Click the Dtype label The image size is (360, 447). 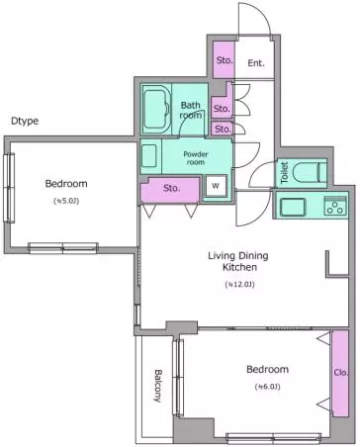pyautogui.click(x=25, y=121)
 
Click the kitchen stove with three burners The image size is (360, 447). pyautogui.click(x=335, y=207)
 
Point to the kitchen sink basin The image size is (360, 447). pyautogui.click(x=293, y=207)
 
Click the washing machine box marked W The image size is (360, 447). pyautogui.click(x=216, y=186)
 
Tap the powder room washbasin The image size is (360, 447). pyautogui.click(x=149, y=155)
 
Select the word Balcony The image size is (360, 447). pyautogui.click(x=158, y=386)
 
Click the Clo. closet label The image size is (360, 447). pyautogui.click(x=341, y=373)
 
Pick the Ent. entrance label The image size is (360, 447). pyautogui.click(x=256, y=63)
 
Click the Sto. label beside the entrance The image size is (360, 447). pyautogui.click(x=225, y=60)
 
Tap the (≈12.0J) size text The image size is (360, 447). pyautogui.click(x=239, y=284)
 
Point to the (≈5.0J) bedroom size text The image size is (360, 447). pyautogui.click(x=66, y=201)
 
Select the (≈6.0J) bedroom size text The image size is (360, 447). pyautogui.click(x=267, y=387)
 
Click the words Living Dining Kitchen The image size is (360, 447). pyautogui.click(x=238, y=261)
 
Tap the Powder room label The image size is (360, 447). pyautogui.click(x=196, y=158)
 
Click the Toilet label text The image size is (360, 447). pyautogui.click(x=284, y=173)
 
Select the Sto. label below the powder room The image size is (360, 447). pyautogui.click(x=172, y=188)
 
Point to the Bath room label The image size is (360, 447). pyautogui.click(x=191, y=110)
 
